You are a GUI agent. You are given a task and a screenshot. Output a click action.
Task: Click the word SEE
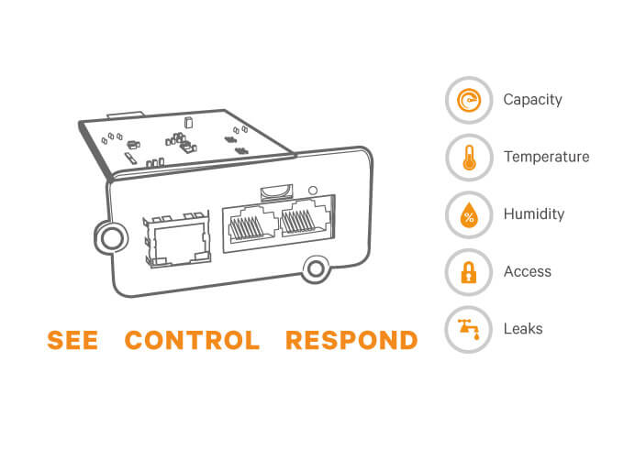[x=72, y=341]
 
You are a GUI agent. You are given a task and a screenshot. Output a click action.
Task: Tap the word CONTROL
[x=192, y=341]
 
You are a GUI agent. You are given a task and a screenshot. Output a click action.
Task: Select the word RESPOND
[x=351, y=341]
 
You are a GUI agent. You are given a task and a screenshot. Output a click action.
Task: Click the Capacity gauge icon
[x=468, y=100]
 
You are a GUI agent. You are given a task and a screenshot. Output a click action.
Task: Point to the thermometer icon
[x=468, y=157]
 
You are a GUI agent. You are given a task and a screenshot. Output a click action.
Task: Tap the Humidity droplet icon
[x=468, y=214]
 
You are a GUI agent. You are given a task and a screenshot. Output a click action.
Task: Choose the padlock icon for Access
[x=468, y=271]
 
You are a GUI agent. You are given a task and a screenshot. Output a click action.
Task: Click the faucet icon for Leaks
[x=468, y=329]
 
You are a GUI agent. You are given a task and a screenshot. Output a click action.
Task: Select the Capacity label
[x=532, y=100]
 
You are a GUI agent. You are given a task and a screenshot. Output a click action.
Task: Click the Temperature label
[x=546, y=157]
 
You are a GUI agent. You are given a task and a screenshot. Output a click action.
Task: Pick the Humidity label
[x=534, y=214]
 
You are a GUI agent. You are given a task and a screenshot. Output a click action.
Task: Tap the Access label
[x=528, y=271]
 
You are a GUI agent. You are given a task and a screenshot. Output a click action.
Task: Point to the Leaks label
[x=523, y=329]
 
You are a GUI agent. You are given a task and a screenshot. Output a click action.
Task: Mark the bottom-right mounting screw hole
[x=317, y=268]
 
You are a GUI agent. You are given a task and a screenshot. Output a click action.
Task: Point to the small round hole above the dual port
[x=314, y=191]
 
